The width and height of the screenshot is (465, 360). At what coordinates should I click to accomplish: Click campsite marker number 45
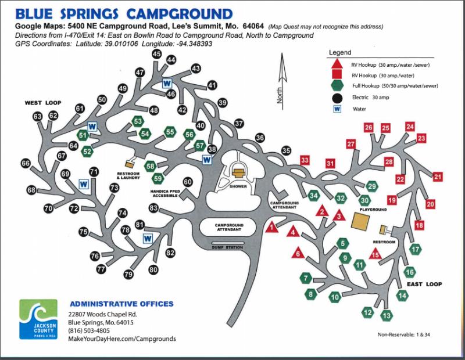[x=156, y=54]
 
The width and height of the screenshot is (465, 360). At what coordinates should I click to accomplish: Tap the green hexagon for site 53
[x=138, y=121]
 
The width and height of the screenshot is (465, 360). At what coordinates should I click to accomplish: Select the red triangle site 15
[x=375, y=254]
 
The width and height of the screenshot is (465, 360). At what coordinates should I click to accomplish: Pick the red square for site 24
[x=410, y=127]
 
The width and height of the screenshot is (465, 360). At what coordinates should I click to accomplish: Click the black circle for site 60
[x=187, y=182]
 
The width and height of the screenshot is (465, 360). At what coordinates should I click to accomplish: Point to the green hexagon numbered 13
[x=387, y=315]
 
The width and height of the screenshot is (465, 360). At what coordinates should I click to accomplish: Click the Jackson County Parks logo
[x=38, y=319]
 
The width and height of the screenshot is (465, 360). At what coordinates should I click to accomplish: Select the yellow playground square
[x=360, y=221]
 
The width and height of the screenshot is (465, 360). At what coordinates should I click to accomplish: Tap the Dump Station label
[x=227, y=247]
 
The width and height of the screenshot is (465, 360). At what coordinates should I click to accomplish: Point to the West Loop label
[x=43, y=103]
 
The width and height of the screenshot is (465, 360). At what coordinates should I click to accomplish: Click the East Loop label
[x=424, y=284]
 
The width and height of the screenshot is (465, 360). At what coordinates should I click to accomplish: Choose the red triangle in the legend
[x=337, y=64]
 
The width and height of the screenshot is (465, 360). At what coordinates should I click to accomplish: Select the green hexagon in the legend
[x=337, y=85]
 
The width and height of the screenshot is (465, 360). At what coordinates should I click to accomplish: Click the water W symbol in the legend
[x=337, y=109]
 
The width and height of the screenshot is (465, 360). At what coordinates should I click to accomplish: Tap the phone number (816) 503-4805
[x=89, y=330]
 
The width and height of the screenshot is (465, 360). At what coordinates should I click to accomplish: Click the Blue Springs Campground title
[x=124, y=14]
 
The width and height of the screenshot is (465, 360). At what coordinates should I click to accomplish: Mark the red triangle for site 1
[x=271, y=227]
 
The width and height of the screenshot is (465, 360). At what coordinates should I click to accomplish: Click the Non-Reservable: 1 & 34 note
[x=404, y=334]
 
